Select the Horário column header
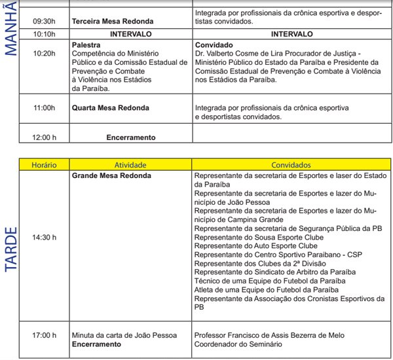(45, 166)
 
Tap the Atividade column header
(130, 166)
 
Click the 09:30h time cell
(45, 21)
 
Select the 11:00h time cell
(45, 107)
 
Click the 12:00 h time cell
(45, 137)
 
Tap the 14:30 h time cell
(45, 236)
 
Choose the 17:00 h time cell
(45, 335)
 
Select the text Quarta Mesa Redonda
(110, 107)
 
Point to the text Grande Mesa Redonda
(111, 176)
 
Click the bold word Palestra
(86, 46)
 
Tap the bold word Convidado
(214, 46)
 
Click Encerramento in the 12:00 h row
(131, 137)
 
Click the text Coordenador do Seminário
(239, 344)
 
